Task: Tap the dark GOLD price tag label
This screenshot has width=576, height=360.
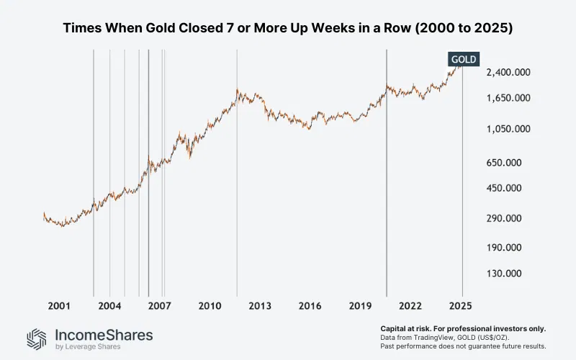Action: tap(463, 59)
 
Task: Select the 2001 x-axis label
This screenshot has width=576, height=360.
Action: tap(59, 305)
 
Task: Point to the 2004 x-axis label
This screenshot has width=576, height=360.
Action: tap(109, 305)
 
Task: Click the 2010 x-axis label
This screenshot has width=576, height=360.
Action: tap(210, 305)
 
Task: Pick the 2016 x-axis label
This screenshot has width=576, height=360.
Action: tap(310, 305)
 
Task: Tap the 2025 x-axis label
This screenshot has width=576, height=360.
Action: tap(462, 305)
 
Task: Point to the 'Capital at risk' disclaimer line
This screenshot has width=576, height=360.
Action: tap(462, 328)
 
